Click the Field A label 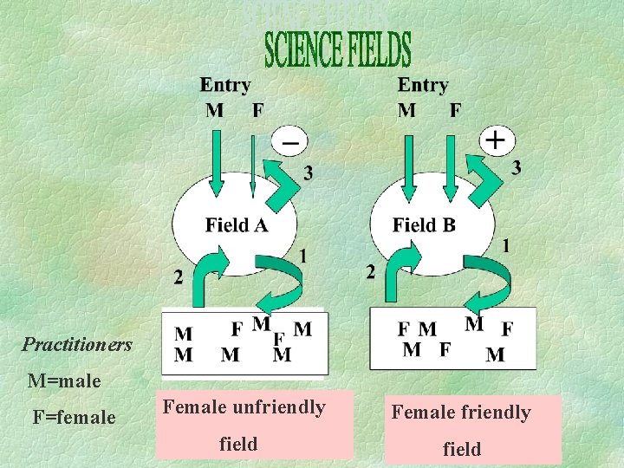tap(237, 226)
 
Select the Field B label tap(424, 225)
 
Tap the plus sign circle tap(497, 139)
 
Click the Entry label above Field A tap(225, 85)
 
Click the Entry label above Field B tap(422, 85)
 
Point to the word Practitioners tap(77, 345)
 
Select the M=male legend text tap(64, 380)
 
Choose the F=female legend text tap(74, 417)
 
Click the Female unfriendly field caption tap(244, 425)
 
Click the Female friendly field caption tap(461, 430)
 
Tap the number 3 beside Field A tap(309, 174)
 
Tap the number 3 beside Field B tap(517, 167)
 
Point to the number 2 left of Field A tap(178, 277)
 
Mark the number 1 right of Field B tap(505, 246)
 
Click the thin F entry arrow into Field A tap(253, 165)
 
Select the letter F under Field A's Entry tap(257, 110)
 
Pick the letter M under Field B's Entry tap(406, 110)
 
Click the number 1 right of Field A tap(302, 256)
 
